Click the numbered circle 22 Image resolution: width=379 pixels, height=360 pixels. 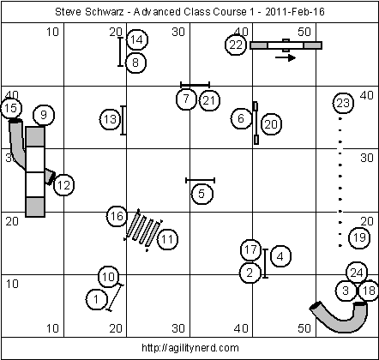point(236,45)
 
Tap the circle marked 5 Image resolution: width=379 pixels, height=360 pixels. point(202,194)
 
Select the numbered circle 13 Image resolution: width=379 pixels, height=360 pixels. point(111,119)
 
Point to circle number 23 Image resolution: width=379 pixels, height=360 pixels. point(343,103)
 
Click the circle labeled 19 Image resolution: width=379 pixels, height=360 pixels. point(359,237)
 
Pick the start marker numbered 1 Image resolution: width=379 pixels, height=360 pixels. point(97,299)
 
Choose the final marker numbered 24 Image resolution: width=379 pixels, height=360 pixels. point(357,273)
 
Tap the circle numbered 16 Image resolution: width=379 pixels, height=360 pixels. point(117,216)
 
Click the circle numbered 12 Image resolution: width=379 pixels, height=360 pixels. point(63,185)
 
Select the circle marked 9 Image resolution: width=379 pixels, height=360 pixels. point(44,115)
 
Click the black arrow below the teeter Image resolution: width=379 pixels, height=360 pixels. point(286,57)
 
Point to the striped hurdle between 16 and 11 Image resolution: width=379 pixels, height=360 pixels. point(143,231)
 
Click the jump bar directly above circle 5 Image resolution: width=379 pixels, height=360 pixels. point(200,180)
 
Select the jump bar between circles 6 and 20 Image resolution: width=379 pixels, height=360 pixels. point(256,123)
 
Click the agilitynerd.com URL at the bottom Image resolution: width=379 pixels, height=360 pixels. point(190,348)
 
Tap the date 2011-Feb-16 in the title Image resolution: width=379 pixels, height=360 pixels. point(295,12)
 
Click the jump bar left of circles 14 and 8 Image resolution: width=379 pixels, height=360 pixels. point(120,52)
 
